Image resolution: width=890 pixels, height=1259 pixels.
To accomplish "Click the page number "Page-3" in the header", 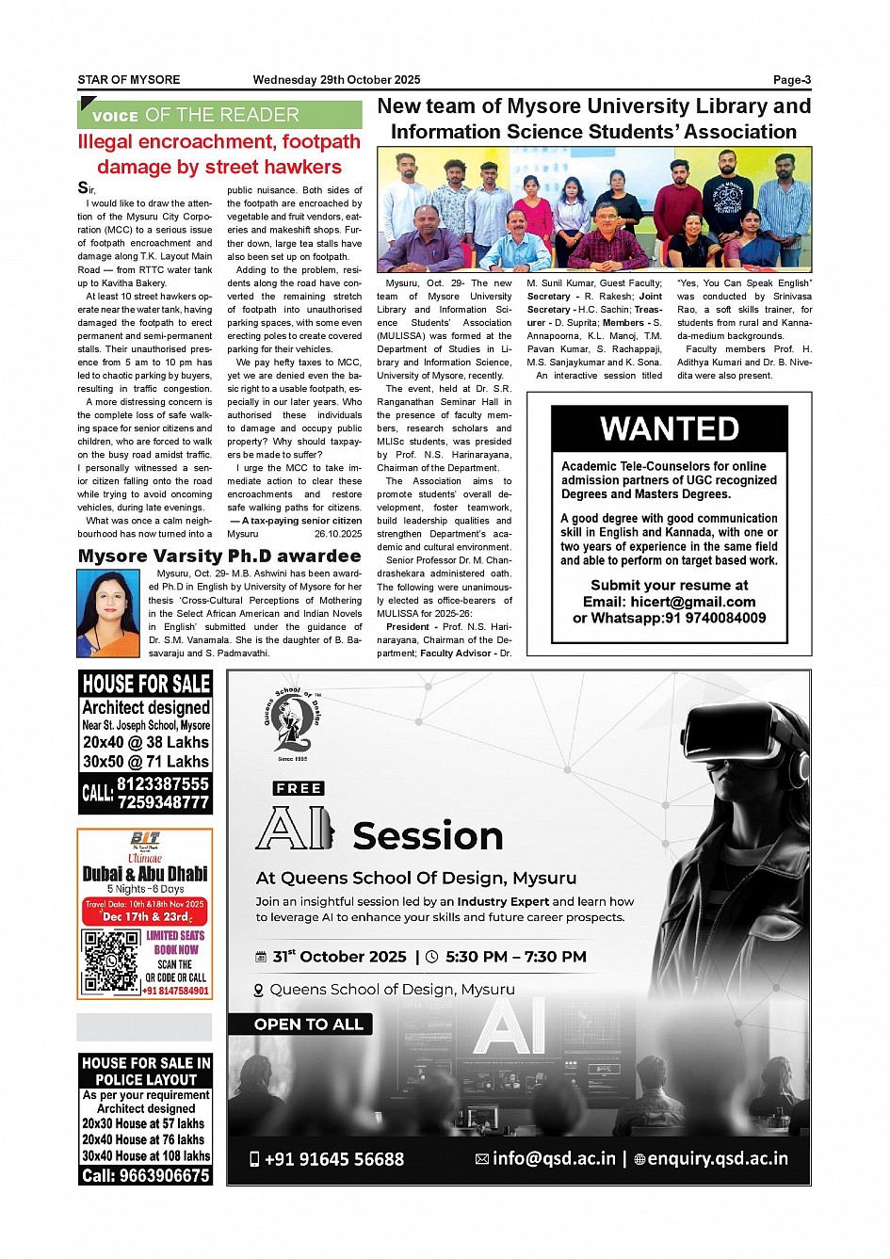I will [791, 80].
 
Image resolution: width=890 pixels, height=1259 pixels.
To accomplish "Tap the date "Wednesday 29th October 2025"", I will [336, 80].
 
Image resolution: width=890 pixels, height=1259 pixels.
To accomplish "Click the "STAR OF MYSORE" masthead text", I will [128, 80].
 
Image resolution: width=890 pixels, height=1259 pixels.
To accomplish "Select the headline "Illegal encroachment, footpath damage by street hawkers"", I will [219, 154].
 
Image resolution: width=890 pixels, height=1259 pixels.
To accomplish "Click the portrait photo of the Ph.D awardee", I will [107, 614].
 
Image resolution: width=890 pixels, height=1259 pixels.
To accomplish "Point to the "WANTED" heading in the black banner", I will [670, 429].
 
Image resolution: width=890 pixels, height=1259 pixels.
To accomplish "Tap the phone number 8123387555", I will [163, 783].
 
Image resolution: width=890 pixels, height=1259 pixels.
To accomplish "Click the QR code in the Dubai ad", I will [110, 962].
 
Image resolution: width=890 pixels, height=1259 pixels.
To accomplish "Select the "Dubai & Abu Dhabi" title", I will [145, 874].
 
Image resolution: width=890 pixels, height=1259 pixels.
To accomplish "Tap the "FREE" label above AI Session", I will [299, 788].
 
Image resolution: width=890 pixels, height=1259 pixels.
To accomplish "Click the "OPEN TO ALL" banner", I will [308, 1025].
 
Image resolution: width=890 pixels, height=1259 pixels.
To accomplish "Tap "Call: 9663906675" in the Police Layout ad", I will [146, 1176].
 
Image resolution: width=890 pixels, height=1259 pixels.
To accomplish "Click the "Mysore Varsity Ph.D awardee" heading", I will [219, 557].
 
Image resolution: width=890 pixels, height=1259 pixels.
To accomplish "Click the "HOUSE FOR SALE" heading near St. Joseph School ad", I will [146, 684].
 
